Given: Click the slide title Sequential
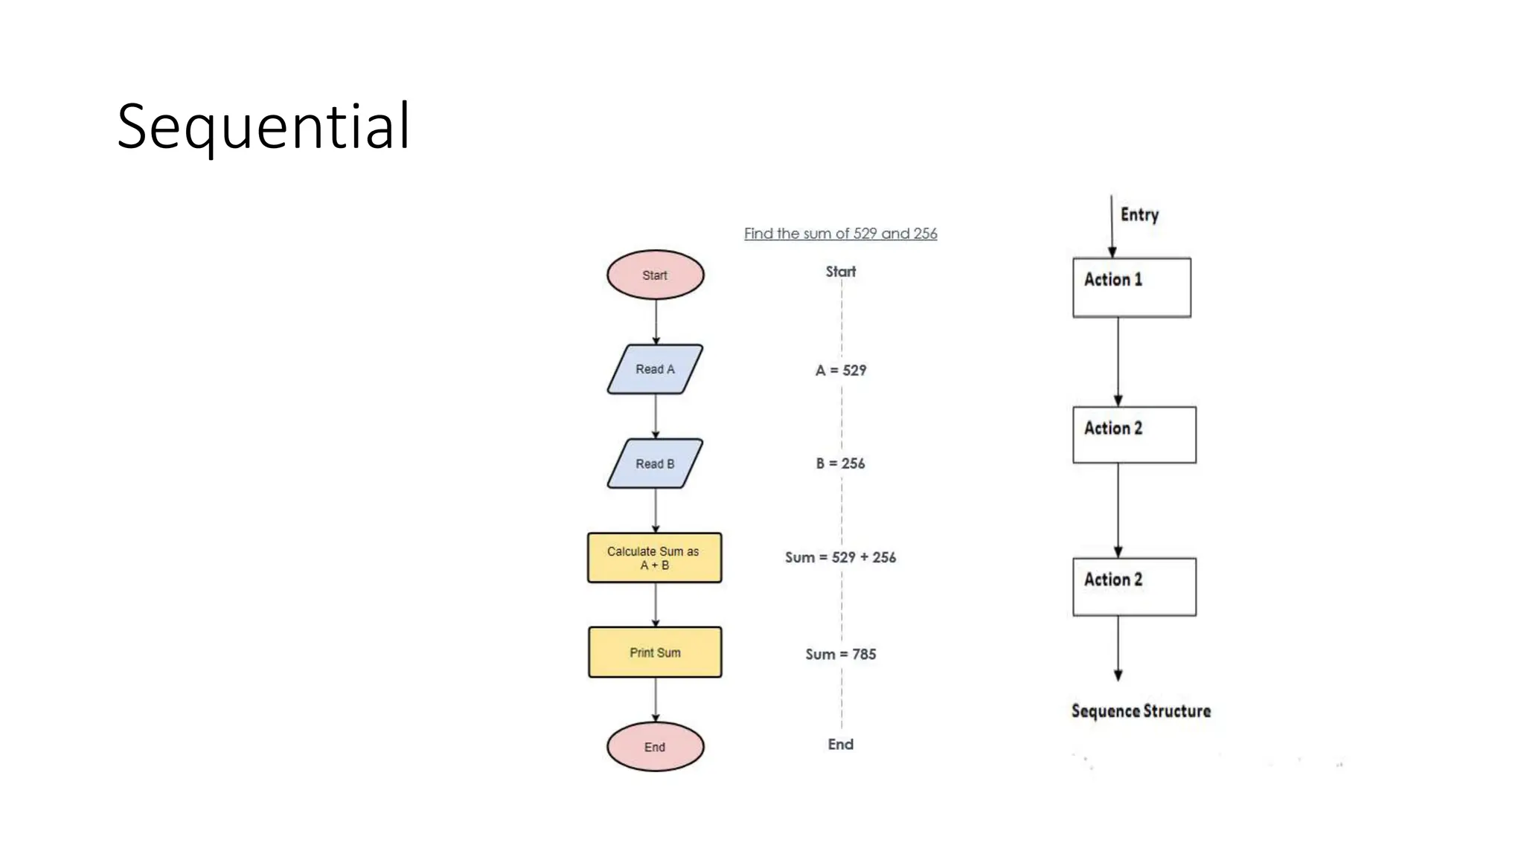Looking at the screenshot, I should tap(263, 126).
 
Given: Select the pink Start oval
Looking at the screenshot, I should tap(655, 275).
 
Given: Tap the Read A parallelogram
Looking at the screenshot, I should tap(655, 369).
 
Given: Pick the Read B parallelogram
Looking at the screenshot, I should tap(655, 463).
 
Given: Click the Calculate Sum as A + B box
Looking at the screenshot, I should tap(655, 558).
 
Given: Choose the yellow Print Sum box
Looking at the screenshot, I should tap(655, 652).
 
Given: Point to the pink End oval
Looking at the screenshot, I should tap(655, 747).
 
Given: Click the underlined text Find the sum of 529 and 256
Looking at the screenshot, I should tap(840, 234).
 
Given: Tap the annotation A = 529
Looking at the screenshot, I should tap(841, 370).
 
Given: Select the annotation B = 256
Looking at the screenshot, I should tap(841, 463).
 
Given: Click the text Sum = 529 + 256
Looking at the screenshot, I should tap(841, 557).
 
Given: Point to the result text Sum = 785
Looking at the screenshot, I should tap(841, 655).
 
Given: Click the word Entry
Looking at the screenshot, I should tap(1139, 215).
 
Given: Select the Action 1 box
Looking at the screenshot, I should tap(1131, 288).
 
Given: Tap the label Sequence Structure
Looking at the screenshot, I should tap(1141, 711).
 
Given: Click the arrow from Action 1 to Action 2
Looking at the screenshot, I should tap(1118, 362).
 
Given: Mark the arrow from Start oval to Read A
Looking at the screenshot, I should tap(656, 321).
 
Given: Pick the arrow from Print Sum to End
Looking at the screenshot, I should tap(656, 699).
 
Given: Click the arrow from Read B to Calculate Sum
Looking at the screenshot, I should tap(656, 510).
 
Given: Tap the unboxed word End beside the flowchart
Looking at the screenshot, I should tap(841, 745).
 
